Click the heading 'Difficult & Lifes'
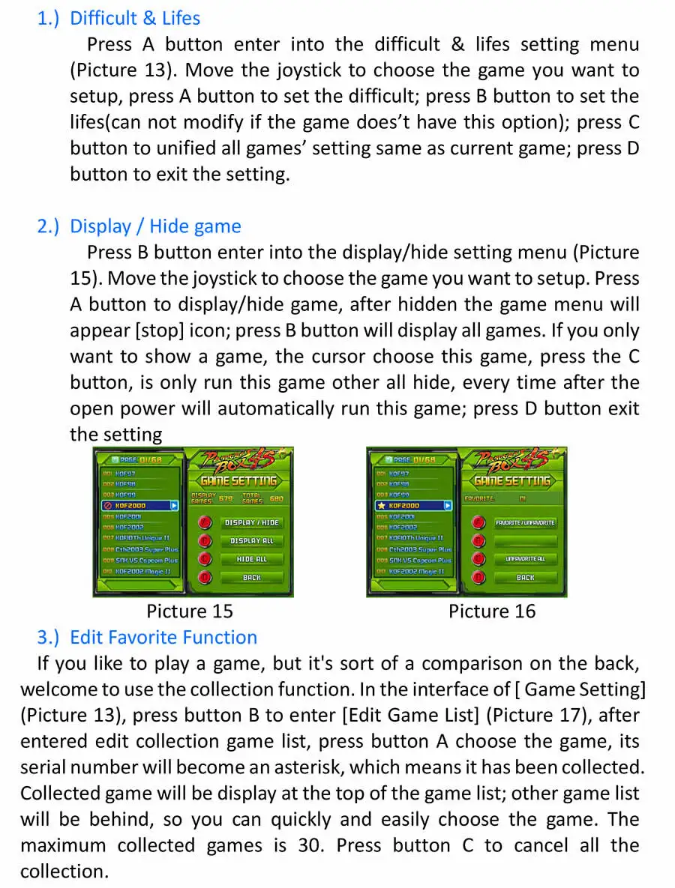(135, 18)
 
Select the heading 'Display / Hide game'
(155, 226)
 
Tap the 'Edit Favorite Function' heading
(163, 638)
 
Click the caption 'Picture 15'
(190, 611)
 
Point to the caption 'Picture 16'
(492, 611)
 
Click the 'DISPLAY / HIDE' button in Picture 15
(251, 522)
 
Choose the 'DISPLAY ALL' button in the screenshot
(251, 540)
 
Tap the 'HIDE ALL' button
(251, 559)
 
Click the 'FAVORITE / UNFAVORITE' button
(525, 522)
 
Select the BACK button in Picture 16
(525, 578)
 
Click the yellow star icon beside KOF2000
(381, 506)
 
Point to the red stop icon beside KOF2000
(107, 506)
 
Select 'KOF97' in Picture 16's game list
(398, 474)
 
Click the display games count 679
(225, 498)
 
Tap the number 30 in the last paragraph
(310, 846)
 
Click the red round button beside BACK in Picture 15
(205, 578)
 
